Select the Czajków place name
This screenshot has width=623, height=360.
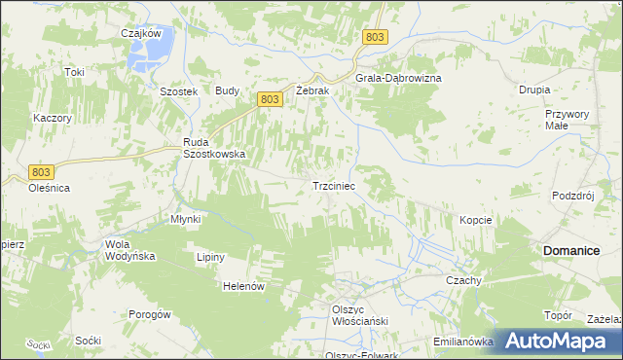pyautogui.click(x=140, y=33)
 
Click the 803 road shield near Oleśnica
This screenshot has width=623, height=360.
pyautogui.click(x=40, y=171)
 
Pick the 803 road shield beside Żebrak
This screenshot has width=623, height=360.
pyautogui.click(x=272, y=99)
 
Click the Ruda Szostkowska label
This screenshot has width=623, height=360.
pyautogui.click(x=214, y=148)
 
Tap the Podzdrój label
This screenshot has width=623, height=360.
pyautogui.click(x=572, y=195)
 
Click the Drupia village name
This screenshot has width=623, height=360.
pyautogui.click(x=534, y=89)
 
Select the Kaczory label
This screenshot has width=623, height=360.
pyautogui.click(x=53, y=117)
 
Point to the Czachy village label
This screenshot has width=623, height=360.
pyautogui.click(x=464, y=280)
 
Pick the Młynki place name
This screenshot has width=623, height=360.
pyautogui.click(x=185, y=219)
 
